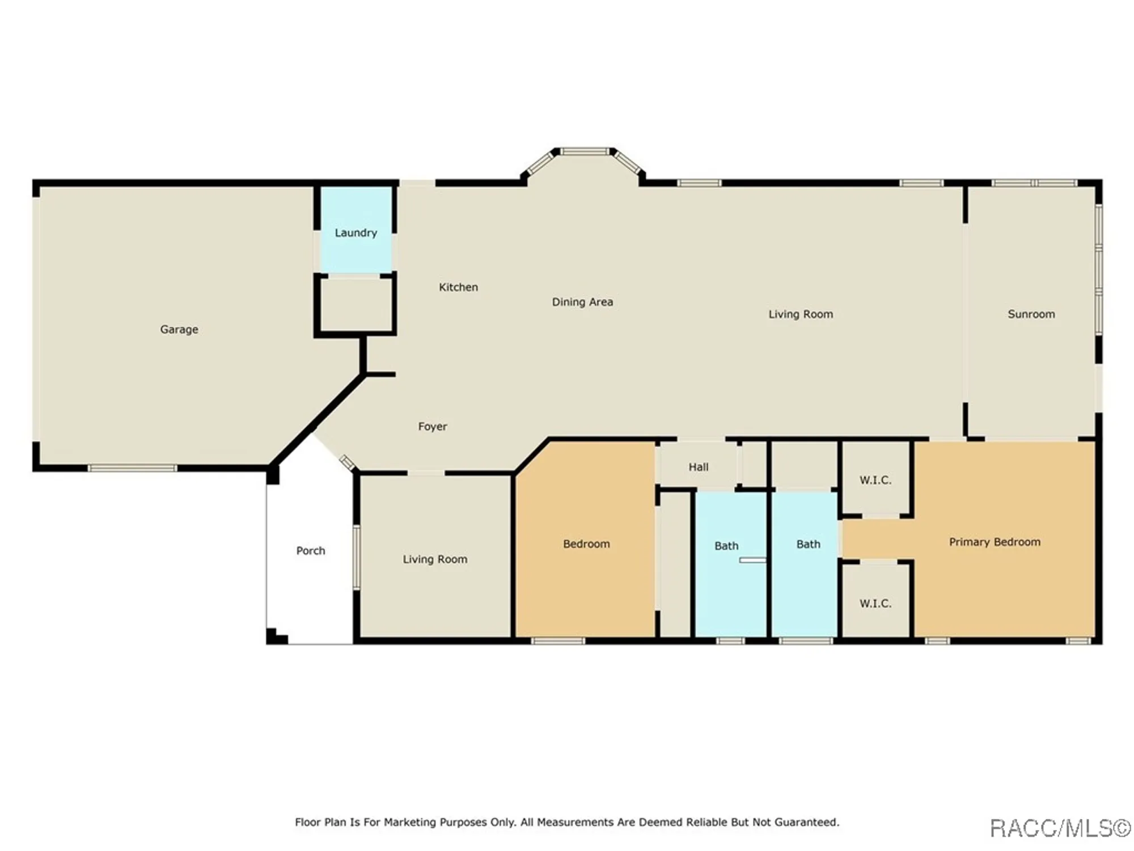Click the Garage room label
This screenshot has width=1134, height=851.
click(179, 330)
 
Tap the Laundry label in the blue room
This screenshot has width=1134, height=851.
click(356, 233)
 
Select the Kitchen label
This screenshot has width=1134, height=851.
click(458, 287)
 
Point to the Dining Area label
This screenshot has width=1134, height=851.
click(582, 302)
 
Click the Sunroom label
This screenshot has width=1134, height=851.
click(1031, 314)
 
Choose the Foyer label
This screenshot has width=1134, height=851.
click(433, 427)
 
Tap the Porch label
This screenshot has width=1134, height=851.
click(311, 550)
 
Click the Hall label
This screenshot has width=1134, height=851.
click(699, 467)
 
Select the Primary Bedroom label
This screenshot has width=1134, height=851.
click(995, 542)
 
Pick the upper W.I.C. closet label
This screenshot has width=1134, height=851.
click(875, 480)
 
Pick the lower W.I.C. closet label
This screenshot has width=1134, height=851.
click(875, 603)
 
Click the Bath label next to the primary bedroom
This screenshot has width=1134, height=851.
click(808, 544)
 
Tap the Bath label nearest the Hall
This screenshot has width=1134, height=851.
click(726, 546)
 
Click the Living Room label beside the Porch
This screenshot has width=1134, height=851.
click(435, 559)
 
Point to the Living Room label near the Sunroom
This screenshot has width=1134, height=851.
click(801, 314)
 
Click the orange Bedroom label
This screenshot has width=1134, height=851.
click(586, 544)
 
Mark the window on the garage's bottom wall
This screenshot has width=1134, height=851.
click(132, 468)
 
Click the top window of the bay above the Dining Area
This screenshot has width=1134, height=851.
click(585, 151)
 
